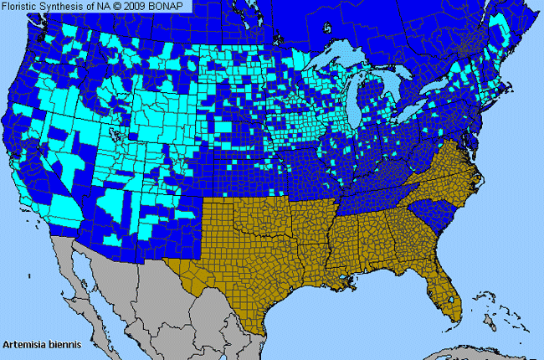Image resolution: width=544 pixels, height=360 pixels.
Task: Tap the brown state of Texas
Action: coord(243,268)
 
